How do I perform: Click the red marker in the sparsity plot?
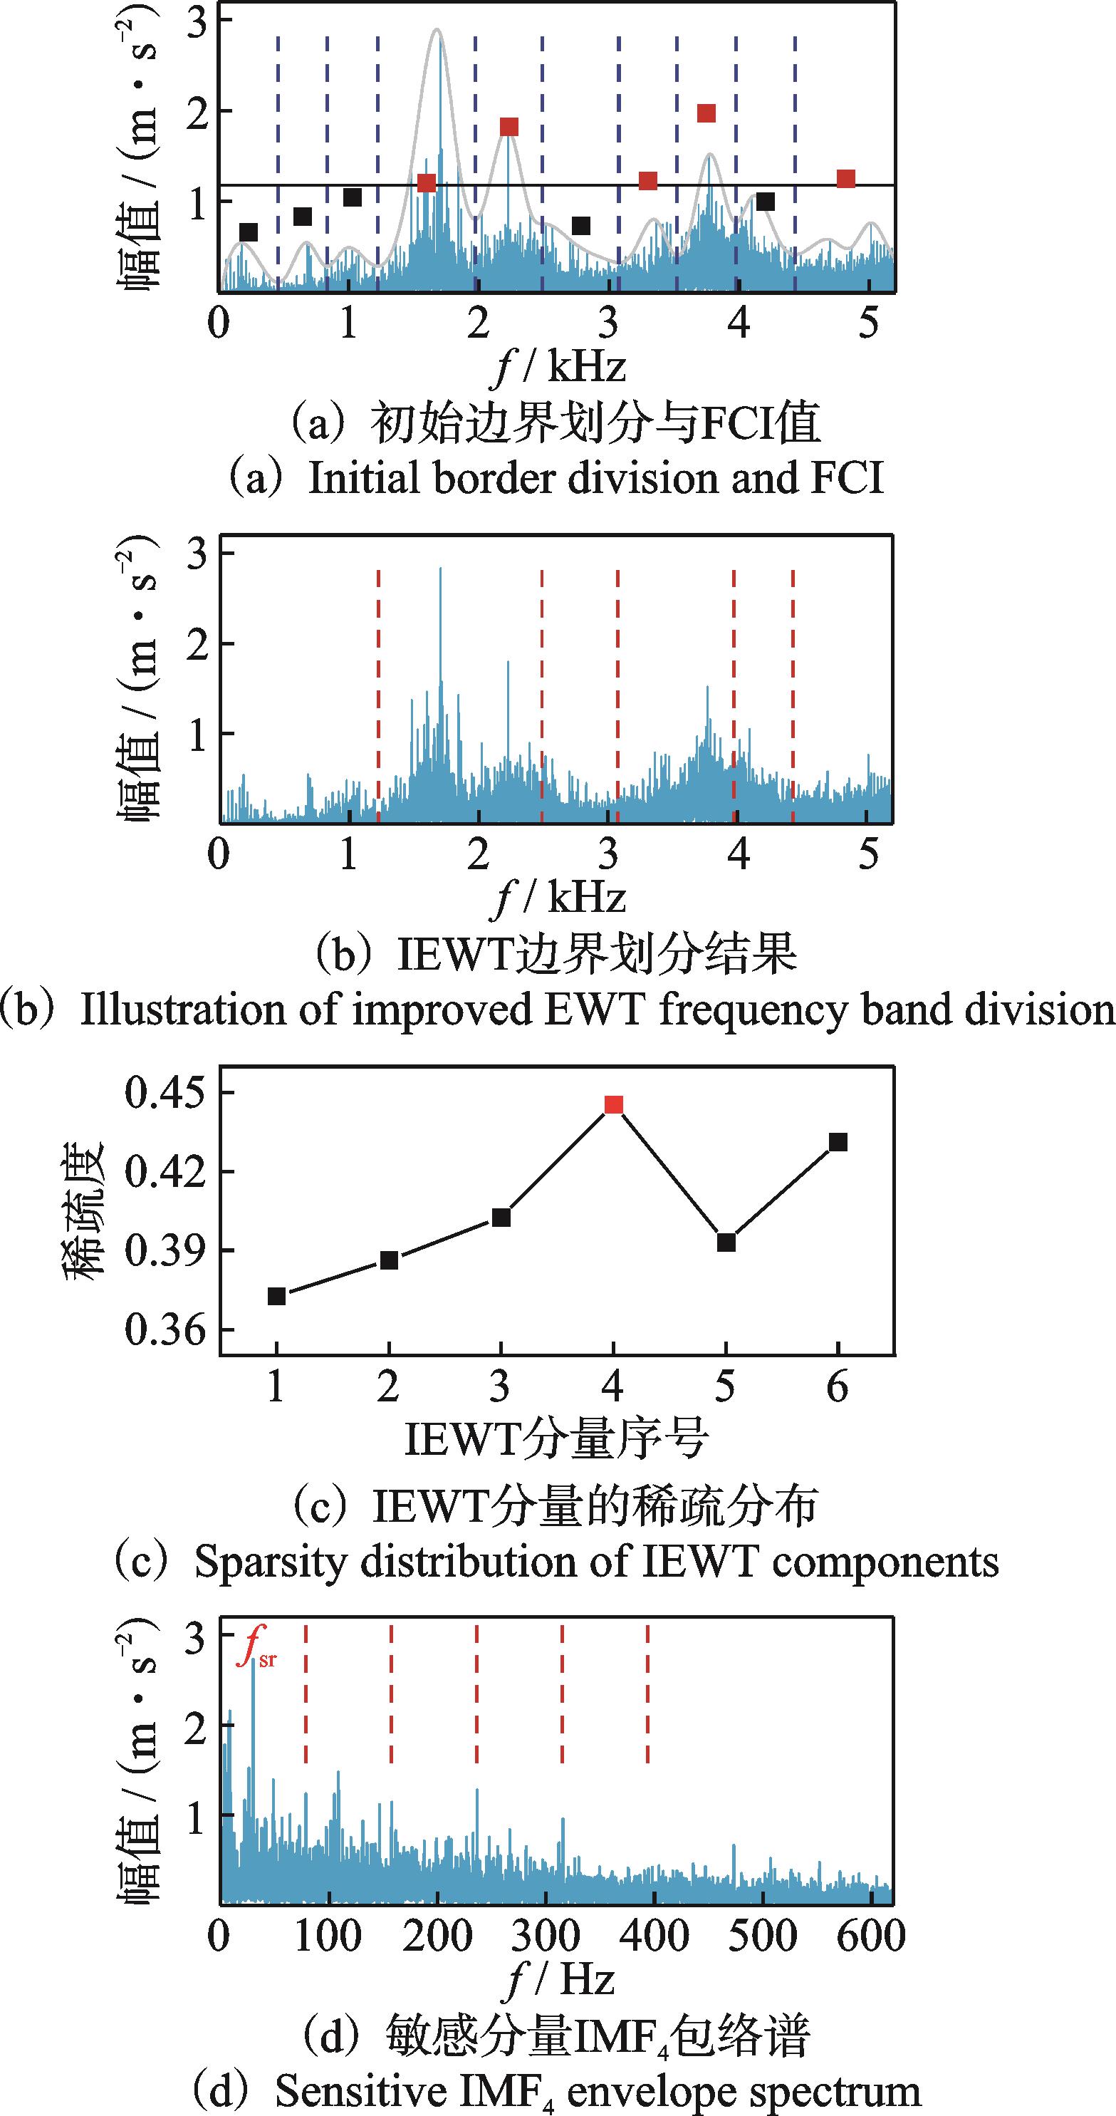(613, 1104)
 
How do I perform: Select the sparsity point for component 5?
(726, 1243)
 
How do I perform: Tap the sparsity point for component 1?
(277, 1296)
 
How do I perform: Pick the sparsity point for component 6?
(838, 1142)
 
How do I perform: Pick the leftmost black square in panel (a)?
(248, 232)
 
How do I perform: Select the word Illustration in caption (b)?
(182, 1010)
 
